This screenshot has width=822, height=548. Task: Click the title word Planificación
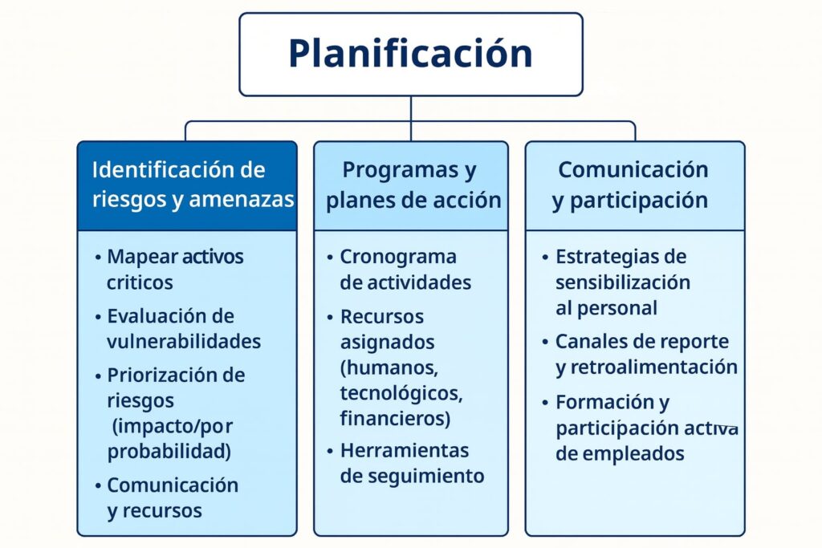click(x=410, y=54)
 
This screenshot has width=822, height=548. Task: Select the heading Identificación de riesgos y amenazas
click(x=193, y=185)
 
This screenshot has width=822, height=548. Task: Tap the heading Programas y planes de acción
click(x=413, y=185)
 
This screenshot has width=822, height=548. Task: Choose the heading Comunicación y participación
click(x=633, y=185)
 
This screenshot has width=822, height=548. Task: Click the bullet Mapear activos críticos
click(x=175, y=270)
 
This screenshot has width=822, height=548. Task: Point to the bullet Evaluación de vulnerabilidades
click(x=184, y=328)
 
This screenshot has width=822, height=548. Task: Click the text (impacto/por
click(x=173, y=427)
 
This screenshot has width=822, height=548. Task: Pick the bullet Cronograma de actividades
click(x=405, y=270)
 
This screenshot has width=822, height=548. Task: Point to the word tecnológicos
click(x=401, y=393)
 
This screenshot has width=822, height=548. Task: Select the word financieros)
click(x=395, y=419)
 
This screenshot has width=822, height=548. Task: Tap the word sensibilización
click(x=623, y=282)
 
